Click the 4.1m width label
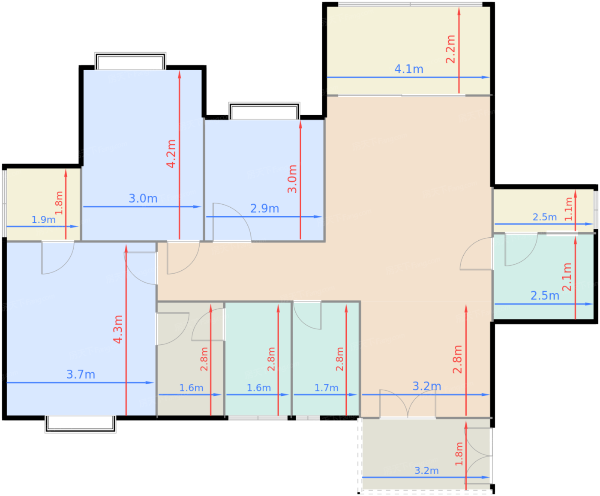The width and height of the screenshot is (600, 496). pos(408,69)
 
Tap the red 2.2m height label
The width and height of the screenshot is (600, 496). pos(450,49)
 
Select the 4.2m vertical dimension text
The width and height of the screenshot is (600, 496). pos(171,154)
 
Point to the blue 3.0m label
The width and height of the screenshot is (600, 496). pos(143,198)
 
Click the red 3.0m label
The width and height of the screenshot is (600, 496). pos(292,179)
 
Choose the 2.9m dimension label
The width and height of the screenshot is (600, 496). pos(264,209)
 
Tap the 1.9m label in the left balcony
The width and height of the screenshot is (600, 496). pos(43,220)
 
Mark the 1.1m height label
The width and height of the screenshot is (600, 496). pos(569,209)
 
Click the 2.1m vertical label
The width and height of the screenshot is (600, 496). pos(567,277)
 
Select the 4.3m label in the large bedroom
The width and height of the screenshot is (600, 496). pos(118,329)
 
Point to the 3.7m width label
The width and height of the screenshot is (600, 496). pos(81,374)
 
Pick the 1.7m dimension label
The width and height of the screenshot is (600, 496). pos(326,388)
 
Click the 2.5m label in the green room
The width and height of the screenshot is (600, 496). pos(545,296)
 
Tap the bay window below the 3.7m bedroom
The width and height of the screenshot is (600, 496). pos(81,424)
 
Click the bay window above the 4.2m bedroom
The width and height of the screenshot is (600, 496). pos(130,61)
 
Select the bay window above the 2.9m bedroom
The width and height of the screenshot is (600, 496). pos(264,111)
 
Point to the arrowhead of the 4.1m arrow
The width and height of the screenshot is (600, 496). pos(486,77)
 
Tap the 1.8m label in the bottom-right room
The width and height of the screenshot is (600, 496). pos(459,454)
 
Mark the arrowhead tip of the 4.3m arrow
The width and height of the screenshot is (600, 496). pos(126,245)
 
